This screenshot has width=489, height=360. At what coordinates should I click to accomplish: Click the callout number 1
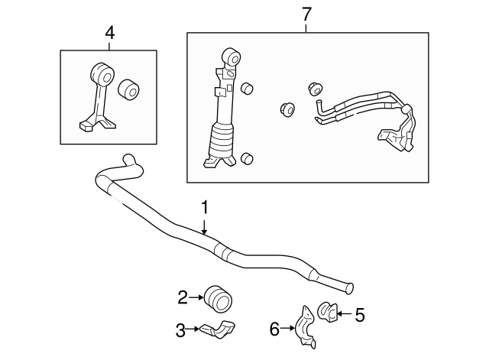pos(205,207)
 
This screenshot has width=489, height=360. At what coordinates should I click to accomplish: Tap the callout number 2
pos(183,297)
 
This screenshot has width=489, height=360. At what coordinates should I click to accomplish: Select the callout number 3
pos(181,330)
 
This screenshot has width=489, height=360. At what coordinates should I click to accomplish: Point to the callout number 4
pos(109,32)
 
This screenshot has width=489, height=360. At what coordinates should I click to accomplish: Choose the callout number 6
pos(274,329)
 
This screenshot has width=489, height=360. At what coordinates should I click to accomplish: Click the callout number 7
pos(306,14)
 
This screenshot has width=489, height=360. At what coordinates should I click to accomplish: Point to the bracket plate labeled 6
pos(306,326)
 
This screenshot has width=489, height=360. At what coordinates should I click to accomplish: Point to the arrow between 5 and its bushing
pos(343,312)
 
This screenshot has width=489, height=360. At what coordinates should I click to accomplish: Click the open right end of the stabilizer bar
pos(351,288)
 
